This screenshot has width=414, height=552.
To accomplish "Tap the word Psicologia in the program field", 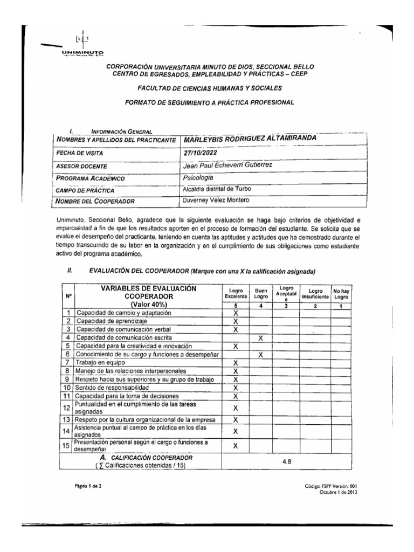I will click(198, 177).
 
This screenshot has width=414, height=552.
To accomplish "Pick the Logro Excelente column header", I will click(236, 293).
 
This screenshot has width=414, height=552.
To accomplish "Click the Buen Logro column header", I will click(261, 293).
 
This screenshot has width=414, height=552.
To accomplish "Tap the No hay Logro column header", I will click(341, 293).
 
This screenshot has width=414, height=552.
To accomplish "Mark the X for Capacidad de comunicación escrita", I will click(261, 337).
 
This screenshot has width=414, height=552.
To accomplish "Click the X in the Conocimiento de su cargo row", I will click(261, 354).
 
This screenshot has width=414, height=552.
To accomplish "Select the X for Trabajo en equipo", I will click(236, 363).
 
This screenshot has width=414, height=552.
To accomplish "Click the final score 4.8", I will click(287, 461).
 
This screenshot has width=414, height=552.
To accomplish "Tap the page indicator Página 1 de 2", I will click(88, 487).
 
